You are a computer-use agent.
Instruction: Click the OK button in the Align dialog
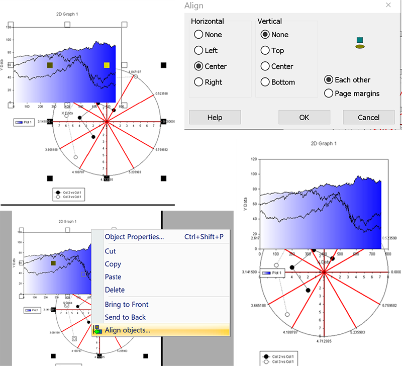point(304,117)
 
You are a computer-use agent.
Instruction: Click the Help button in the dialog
point(215,117)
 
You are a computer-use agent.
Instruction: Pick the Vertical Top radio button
point(265,50)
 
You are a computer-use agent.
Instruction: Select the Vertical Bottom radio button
point(265,82)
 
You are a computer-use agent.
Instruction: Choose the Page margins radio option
point(329,93)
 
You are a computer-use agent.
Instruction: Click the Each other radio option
point(329,79)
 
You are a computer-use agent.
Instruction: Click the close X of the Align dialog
point(388,5)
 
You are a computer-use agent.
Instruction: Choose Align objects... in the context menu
point(127,330)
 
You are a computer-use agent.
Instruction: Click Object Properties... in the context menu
point(134,237)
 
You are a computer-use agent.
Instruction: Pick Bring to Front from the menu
point(127,304)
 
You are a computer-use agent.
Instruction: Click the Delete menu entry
point(115,290)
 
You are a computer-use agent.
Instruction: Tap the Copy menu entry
point(113,264)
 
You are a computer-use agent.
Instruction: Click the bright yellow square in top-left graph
point(107,65)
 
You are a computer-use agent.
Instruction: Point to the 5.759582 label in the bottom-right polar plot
point(391,305)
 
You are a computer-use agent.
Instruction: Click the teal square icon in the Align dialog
point(359,40)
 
